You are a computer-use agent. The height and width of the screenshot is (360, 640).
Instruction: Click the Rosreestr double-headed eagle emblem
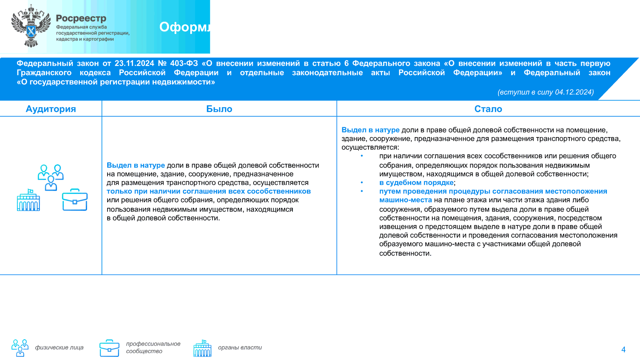[x=31, y=27]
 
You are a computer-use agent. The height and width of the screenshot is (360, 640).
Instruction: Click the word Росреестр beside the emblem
[x=81, y=18]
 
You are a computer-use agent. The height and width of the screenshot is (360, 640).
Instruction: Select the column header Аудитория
[x=51, y=109]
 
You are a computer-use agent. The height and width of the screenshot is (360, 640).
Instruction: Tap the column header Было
[x=219, y=109]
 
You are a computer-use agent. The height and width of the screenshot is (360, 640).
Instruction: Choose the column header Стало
[x=488, y=109]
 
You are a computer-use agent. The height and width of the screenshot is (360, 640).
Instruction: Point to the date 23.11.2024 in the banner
[x=134, y=63]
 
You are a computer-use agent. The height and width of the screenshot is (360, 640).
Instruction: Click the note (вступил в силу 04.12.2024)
[x=546, y=92]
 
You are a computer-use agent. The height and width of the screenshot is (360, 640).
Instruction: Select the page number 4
[x=623, y=349]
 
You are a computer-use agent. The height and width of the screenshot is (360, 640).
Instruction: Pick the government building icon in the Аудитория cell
[x=28, y=200]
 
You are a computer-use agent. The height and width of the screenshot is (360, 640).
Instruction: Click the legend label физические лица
[x=59, y=347]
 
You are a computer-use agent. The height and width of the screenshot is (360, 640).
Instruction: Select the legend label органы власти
[x=240, y=347]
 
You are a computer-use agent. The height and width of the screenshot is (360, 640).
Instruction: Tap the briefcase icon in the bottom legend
[x=109, y=348]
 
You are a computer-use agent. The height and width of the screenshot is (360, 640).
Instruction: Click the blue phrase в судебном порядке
[x=416, y=182]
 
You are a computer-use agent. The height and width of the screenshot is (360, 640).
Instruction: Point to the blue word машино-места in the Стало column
[x=405, y=200]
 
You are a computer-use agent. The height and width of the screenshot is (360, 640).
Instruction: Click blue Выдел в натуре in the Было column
[x=136, y=165]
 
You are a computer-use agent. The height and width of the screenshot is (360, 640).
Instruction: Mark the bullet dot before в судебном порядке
[x=362, y=182]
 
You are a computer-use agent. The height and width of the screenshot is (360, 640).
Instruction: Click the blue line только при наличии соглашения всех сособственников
[x=209, y=191]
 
